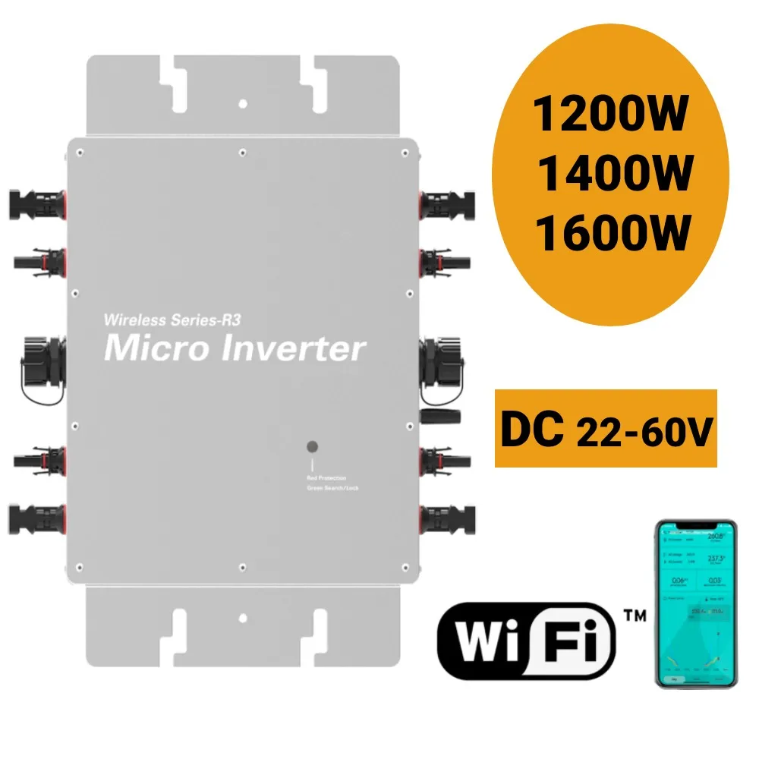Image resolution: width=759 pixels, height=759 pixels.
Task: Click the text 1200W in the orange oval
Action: (x=611, y=116)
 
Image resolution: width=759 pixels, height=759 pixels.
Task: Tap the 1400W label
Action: (x=614, y=173)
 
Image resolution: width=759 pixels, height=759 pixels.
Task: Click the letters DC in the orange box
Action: (x=531, y=430)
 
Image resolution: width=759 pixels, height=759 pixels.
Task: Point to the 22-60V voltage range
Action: (x=643, y=433)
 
